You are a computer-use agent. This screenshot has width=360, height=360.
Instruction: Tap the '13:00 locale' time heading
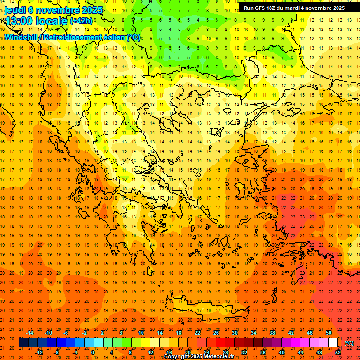tap(35, 21)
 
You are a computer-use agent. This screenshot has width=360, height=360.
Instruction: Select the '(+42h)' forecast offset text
tap(81, 21)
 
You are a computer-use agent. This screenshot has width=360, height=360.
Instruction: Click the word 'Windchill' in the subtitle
tap(20, 37)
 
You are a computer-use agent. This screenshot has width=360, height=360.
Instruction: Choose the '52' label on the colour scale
tap(338, 352)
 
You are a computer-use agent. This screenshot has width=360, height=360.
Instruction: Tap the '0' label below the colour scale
tap(93, 352)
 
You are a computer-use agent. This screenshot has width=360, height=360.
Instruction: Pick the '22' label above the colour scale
tap(197, 333)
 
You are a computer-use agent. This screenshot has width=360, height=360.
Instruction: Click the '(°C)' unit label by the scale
tap(349, 343)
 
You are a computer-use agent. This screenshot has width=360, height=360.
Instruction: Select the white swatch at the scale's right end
tap(333, 343)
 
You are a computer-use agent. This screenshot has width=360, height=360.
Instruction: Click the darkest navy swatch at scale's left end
tap(23, 343)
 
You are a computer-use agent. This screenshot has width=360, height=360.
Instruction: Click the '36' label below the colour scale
tap(263, 352)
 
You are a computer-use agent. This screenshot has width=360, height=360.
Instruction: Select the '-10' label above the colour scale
tap(48, 333)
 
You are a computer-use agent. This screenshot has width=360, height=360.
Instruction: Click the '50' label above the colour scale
tap(329, 333)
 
